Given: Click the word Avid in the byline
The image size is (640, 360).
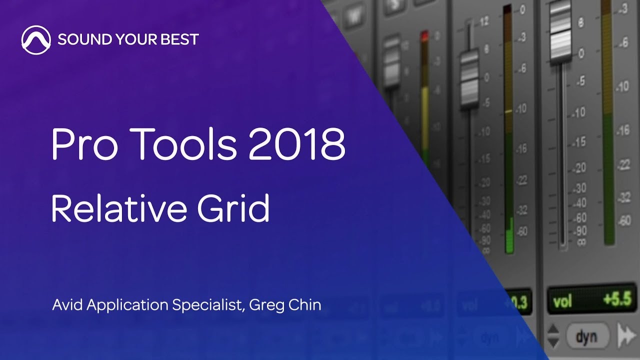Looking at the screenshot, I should click(68, 305).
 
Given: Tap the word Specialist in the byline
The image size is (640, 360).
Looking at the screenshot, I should click(208, 305).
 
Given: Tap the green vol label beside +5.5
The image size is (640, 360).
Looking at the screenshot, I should click(562, 302).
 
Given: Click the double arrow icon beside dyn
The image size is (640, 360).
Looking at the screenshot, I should click(626, 335).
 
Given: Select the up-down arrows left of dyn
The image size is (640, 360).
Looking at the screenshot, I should click(553, 335).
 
